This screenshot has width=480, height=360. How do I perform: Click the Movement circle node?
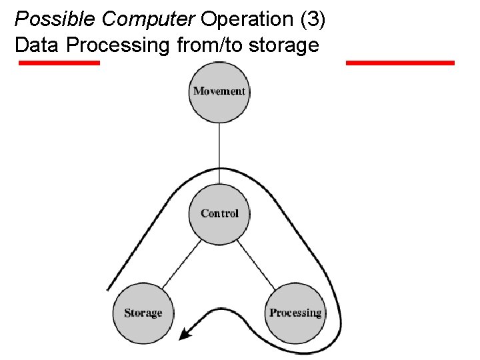pyautogui.click(x=219, y=91)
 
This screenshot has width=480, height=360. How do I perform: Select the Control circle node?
pyautogui.click(x=219, y=213)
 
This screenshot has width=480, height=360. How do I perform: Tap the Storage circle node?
pyautogui.click(x=143, y=313)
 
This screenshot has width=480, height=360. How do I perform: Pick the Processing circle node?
pyautogui.click(x=295, y=313)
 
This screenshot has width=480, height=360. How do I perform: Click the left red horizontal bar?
pyautogui.click(x=59, y=63)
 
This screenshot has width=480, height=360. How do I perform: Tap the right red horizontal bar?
pyautogui.click(x=400, y=63)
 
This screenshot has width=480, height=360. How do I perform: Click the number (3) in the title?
pyautogui.click(x=313, y=19)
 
